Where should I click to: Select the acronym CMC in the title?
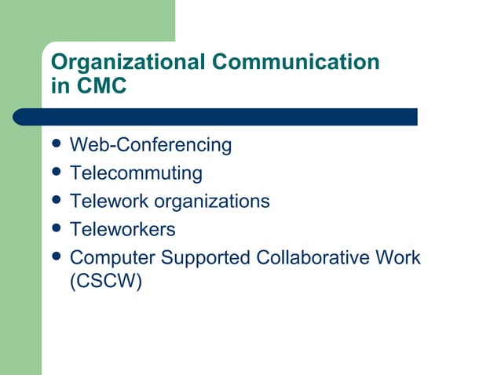coord(100,86)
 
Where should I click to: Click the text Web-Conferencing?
coord(151,145)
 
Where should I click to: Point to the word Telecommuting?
coord(136,173)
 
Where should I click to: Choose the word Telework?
coord(108,201)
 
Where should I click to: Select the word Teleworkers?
coord(123,229)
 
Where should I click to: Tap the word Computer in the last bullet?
coord(106,257)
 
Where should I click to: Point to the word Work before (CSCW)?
coord(398,257)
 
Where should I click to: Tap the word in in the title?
coord(60,86)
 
